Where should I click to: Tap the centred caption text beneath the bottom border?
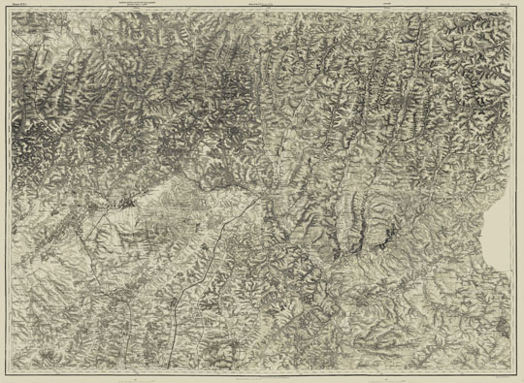262,377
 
